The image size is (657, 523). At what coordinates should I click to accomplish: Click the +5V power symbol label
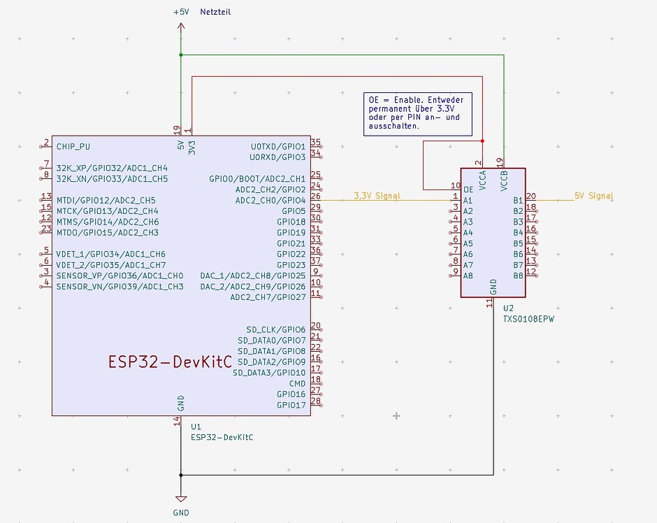click(181, 12)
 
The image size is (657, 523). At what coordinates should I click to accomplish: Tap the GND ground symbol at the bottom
click(181, 513)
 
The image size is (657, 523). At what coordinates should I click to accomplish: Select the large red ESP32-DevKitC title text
click(170, 361)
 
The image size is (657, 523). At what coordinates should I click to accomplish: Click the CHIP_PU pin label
click(73, 147)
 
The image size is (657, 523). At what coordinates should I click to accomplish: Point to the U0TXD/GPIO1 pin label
click(277, 147)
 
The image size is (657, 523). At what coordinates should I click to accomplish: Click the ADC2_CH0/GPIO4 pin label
click(270, 201)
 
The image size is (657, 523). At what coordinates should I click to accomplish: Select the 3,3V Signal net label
click(377, 196)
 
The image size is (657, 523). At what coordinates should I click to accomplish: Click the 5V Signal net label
click(593, 196)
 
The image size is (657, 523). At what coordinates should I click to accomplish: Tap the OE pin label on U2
click(468, 189)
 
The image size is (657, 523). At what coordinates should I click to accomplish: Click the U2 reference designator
click(508, 308)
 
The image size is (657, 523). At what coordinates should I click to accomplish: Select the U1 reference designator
click(196, 426)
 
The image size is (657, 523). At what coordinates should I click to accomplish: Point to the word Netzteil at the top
click(215, 12)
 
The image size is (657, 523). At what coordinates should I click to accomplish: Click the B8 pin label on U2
click(518, 275)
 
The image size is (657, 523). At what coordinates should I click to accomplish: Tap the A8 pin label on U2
click(468, 275)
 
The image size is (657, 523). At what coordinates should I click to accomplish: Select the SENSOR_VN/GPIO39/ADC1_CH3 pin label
click(120, 287)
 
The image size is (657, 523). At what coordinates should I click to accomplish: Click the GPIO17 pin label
click(291, 405)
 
